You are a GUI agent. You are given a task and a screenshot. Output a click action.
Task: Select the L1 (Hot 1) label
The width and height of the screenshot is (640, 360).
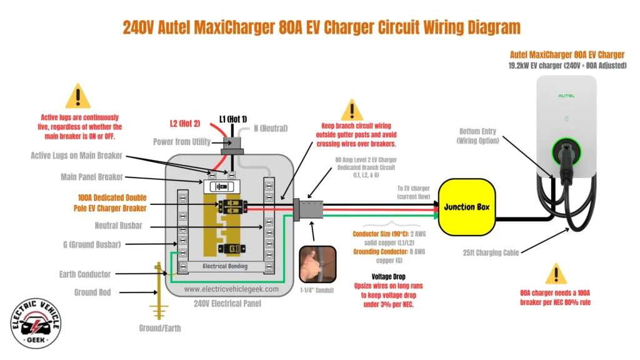pyautogui.click(x=233, y=119)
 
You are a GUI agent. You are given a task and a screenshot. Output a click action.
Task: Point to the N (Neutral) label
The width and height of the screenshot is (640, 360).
pyautogui.click(x=270, y=128)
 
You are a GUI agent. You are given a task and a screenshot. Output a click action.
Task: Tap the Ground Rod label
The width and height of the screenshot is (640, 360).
pyautogui.click(x=93, y=292)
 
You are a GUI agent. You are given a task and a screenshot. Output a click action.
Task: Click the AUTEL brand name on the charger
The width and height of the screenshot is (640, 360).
pyautogui.click(x=566, y=96)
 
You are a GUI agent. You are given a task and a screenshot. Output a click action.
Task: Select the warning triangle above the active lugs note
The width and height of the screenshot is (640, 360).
pyautogui.click(x=78, y=97)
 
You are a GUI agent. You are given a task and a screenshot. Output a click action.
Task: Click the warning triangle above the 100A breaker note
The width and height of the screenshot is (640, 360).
pyautogui.click(x=556, y=274)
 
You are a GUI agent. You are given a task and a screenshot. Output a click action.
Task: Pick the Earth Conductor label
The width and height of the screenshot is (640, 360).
pyautogui.click(x=85, y=274)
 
